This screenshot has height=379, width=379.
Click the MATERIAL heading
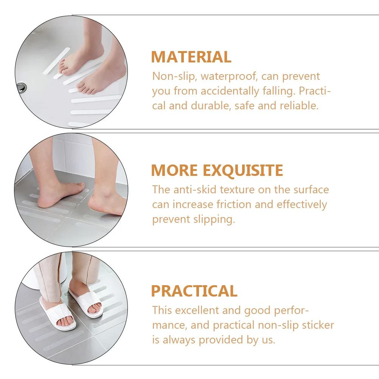pyautogui.click(x=191, y=57)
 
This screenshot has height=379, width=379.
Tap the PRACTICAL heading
pyautogui.click(x=194, y=291)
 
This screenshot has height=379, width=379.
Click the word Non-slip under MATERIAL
pyautogui.click(x=173, y=76)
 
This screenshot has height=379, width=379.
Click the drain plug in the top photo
pyautogui.click(x=22, y=88)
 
